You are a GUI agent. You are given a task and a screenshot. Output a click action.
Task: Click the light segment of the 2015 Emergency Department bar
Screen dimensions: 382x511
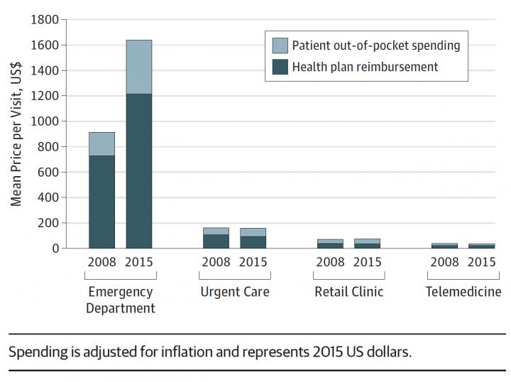coord(139,67)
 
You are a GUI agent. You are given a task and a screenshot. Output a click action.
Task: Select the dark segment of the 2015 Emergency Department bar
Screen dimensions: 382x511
coord(139,170)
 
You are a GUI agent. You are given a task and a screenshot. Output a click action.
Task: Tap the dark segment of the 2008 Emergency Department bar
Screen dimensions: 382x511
coord(101,202)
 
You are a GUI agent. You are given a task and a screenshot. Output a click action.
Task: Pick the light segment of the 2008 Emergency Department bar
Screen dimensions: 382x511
coord(101,143)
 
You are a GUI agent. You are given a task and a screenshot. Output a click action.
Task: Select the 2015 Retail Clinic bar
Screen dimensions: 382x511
coord(368,244)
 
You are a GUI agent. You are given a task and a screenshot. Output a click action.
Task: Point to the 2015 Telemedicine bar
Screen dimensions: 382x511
coord(481,246)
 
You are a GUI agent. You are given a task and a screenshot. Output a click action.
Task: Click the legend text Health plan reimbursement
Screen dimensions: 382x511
coord(365,67)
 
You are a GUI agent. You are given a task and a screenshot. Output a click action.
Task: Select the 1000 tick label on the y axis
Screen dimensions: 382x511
coord(44,121)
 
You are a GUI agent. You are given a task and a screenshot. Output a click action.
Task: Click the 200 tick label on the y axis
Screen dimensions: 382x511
coord(48,223)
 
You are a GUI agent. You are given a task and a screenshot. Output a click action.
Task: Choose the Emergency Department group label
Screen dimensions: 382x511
coord(121,300)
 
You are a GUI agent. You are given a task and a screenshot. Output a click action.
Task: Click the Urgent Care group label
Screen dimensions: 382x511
coord(235,292)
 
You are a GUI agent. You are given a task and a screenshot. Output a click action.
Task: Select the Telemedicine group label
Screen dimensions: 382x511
coord(463,292)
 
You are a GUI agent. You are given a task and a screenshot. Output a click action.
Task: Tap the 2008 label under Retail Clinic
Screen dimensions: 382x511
coord(330,261)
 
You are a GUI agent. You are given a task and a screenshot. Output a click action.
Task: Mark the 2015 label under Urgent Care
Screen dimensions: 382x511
coord(253,261)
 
